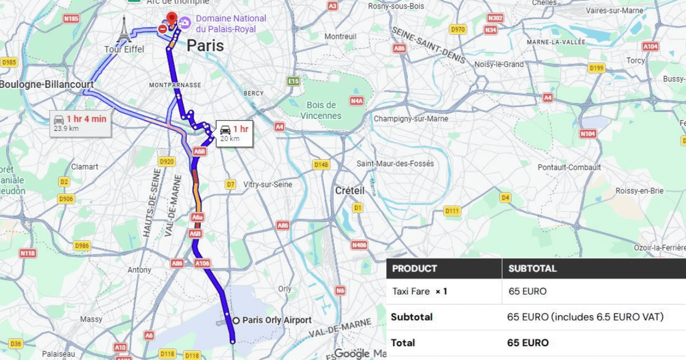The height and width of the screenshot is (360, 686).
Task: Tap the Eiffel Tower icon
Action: pyautogui.click(x=124, y=30)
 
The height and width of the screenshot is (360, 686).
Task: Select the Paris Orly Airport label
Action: pyautogui.click(x=277, y=320)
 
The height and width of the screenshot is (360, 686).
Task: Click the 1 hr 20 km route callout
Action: pyautogui.click(x=234, y=133)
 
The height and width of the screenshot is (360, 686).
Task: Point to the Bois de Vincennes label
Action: pyautogui.click(x=321, y=110)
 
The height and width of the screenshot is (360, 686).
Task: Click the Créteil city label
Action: pyautogui.click(x=350, y=190)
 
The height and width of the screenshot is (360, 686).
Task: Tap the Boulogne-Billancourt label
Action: pyautogui.click(x=46, y=85)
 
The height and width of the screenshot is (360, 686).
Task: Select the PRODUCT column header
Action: pyautogui.click(x=414, y=269)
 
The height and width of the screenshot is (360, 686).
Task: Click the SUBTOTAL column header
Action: pyautogui.click(x=532, y=269)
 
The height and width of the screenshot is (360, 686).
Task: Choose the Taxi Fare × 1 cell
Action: pyautogui.click(x=420, y=291)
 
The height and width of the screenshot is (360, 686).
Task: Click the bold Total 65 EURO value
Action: pyautogui.click(x=528, y=343)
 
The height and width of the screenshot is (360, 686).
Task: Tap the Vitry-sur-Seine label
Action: pyautogui.click(x=268, y=185)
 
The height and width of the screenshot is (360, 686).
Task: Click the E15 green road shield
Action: pyautogui.click(x=293, y=81)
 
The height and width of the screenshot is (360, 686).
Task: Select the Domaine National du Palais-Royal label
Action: pyautogui.click(x=231, y=23)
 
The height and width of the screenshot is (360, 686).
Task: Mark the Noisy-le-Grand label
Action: pyautogui.click(x=499, y=65)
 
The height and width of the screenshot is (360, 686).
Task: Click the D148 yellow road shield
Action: pyautogui.click(x=321, y=165)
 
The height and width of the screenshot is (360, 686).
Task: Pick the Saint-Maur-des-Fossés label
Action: pyautogui.click(x=395, y=163)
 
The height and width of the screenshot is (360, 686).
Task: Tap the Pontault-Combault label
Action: pyautogui.click(x=569, y=167)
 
